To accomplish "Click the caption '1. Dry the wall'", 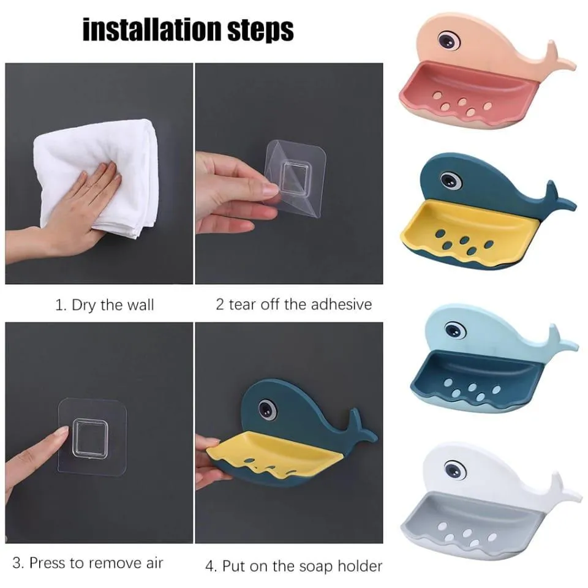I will [105, 305].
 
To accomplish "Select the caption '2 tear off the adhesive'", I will [293, 304].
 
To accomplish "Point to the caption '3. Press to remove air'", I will [88, 562].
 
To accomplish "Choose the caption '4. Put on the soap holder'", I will [293, 566].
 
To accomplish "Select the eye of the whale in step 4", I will [266, 409].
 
